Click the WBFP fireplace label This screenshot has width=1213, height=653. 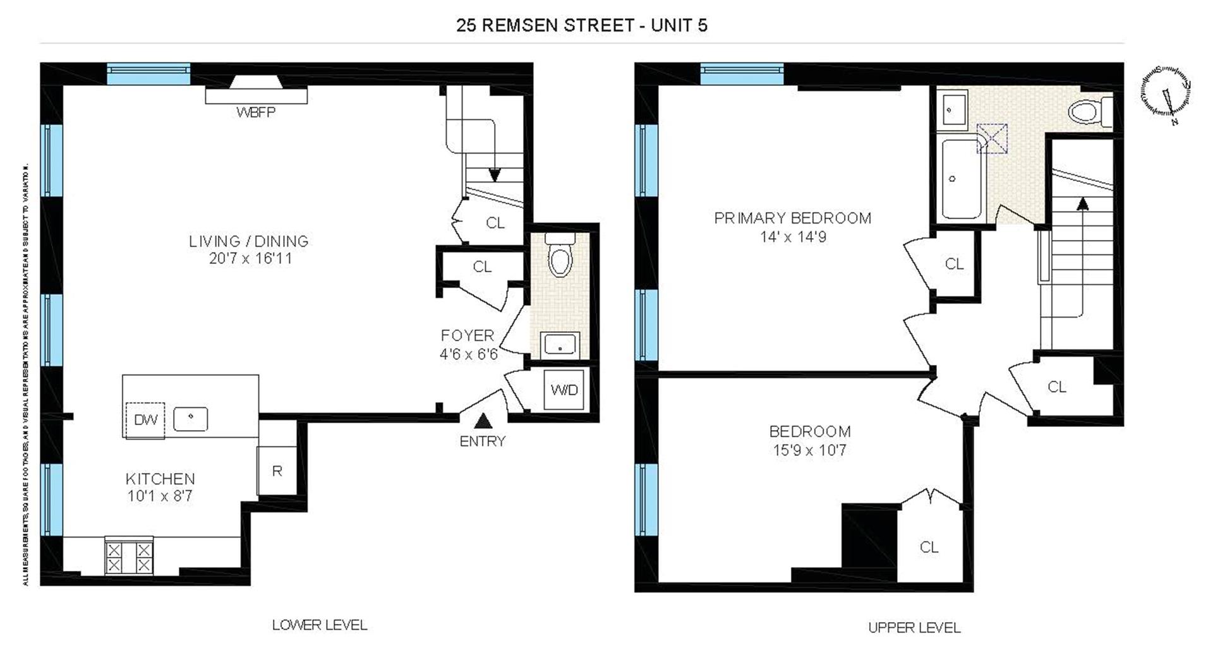click(x=256, y=112)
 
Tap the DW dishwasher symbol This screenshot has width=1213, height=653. click(x=145, y=419)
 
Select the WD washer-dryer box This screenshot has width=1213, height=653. click(x=564, y=390)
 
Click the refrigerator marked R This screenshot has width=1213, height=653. click(x=277, y=470)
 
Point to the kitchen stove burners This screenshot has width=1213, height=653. click(x=129, y=557)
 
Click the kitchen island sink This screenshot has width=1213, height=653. click(x=190, y=419)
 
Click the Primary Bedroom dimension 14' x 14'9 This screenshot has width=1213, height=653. click(x=793, y=237)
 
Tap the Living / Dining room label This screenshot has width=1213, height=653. click(x=249, y=241)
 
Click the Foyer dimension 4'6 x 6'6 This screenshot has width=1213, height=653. click(x=468, y=354)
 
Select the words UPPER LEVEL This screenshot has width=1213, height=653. click(x=914, y=628)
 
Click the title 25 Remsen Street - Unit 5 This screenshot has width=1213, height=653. click(x=581, y=25)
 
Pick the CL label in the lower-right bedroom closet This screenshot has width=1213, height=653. click(x=929, y=547)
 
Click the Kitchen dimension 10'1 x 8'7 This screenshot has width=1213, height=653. click(x=160, y=496)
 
